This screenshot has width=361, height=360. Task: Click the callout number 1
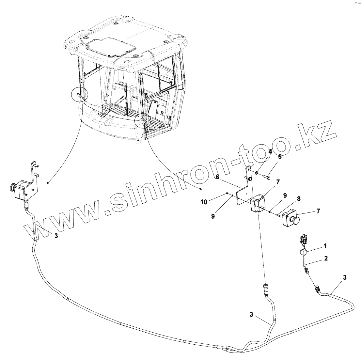coord(324,245)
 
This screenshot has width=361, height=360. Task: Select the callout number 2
coord(326,258)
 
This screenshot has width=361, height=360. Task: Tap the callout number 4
coord(270,151)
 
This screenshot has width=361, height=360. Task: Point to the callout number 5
coord(280,157)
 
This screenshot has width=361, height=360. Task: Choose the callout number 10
coord(204,202)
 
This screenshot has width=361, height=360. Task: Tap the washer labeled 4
coord(257,172)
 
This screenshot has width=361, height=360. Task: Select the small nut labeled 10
coord(227,194)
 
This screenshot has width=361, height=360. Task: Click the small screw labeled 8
coord(278,214)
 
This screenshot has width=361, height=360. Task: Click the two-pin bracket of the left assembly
coord(34,178)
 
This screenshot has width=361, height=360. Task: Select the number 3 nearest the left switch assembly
coord(56,236)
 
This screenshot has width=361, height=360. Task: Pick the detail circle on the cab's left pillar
coord(79,95)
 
